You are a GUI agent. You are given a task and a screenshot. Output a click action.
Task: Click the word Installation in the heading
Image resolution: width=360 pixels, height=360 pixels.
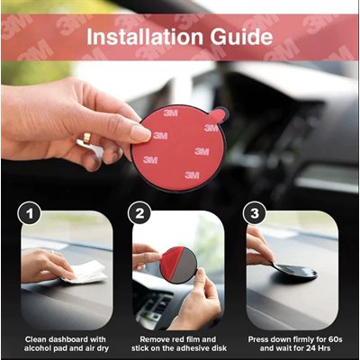pos(145,37)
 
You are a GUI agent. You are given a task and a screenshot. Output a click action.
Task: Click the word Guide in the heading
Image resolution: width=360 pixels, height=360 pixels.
pos(241,37)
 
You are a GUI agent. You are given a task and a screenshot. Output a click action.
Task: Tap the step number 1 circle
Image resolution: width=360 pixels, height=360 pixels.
pos(29,213)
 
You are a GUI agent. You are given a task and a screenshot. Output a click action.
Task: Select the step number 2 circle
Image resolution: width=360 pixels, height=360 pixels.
pos(139,213)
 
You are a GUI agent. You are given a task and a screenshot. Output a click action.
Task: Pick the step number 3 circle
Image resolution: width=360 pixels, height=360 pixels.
pos(255,213)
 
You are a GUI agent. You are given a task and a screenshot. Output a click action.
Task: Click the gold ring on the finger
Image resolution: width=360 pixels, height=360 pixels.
pos(86,138)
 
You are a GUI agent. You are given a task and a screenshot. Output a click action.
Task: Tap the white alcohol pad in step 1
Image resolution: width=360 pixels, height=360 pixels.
pos(85,272)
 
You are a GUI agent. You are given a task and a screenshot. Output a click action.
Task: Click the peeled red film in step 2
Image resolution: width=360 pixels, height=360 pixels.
pos(170,260)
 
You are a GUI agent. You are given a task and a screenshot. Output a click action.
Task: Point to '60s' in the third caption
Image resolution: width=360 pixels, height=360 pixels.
pos(335,339)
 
